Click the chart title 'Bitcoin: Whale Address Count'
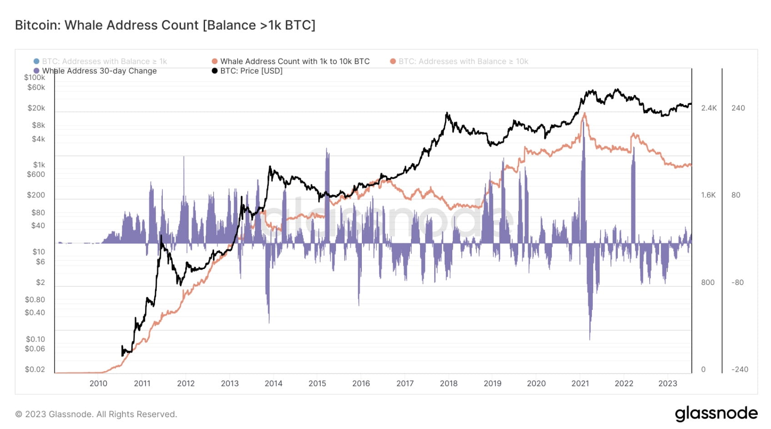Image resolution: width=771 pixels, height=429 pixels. coord(165,25)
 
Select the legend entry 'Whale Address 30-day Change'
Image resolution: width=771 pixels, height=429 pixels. coord(99,71)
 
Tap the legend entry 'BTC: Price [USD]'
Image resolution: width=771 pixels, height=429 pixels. coord(251,71)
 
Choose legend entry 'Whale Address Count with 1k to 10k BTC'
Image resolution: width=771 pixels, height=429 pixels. coord(295,61)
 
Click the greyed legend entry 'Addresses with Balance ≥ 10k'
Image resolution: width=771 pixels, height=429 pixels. coord(463,61)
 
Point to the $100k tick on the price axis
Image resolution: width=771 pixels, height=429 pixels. coord(35,78)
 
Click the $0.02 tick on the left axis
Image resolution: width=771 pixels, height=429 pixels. coord(35,369)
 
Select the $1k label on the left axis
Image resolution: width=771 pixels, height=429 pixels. coord(39,165)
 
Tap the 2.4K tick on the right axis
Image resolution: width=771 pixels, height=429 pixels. coord(709,108)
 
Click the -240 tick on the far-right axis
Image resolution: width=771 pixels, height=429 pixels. coord(740,369)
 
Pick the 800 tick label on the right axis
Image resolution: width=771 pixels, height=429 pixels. coord(708,282)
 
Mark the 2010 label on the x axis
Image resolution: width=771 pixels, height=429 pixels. coord(98,384)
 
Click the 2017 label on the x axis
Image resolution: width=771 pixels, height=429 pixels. coord(405,384)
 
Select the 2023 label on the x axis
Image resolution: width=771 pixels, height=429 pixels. coord(667,384)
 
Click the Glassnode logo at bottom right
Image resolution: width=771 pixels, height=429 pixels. coord(716,414)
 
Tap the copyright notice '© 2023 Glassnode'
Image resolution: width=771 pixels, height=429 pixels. coord(96,414)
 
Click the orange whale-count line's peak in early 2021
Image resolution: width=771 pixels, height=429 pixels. coord(584,113)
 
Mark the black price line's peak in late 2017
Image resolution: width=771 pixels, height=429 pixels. coord(447,113)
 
